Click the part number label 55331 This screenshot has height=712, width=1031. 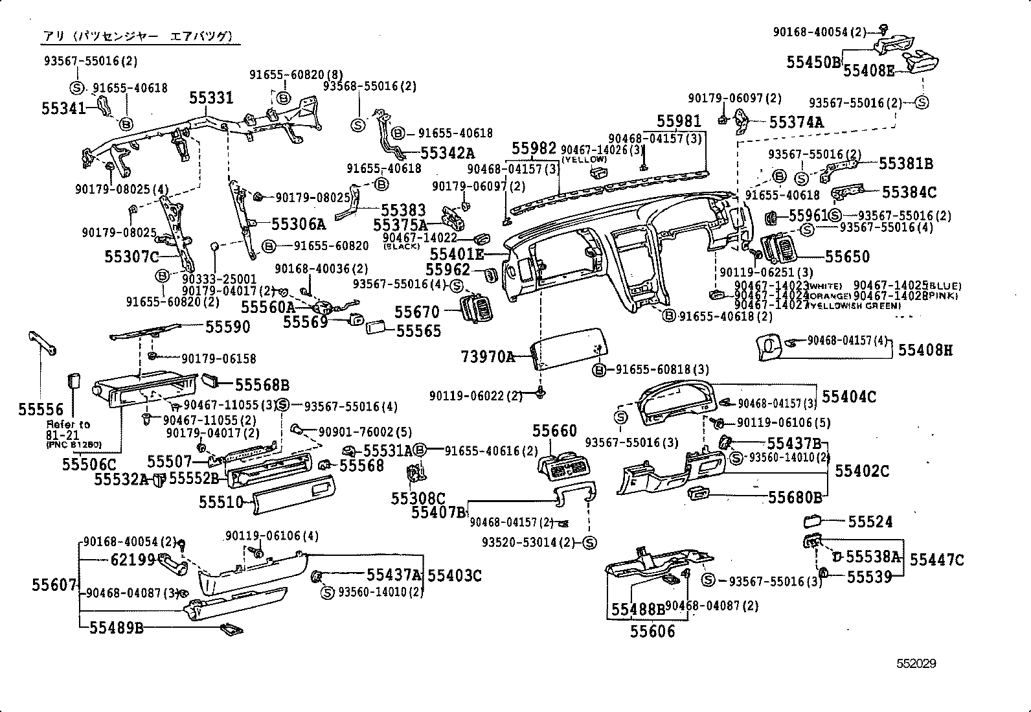click(x=211, y=98)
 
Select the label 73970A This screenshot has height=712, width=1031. click(x=488, y=356)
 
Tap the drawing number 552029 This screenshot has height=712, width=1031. click(x=916, y=663)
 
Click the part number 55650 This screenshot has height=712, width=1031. click(x=847, y=257)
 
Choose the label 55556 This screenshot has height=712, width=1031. click(x=41, y=409)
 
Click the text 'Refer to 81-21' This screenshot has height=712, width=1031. click(x=68, y=430)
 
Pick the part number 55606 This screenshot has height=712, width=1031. click(x=652, y=631)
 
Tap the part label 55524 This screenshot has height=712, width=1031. click(x=870, y=522)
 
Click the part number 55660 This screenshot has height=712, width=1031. click(x=554, y=431)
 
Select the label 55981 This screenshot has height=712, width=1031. click(x=679, y=121)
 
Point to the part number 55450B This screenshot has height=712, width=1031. click(x=813, y=62)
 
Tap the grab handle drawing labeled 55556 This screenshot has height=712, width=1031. click(x=41, y=342)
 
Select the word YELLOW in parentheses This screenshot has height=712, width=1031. click(x=584, y=159)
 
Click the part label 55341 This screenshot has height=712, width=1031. click(x=63, y=108)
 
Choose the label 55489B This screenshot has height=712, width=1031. click(x=116, y=627)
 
